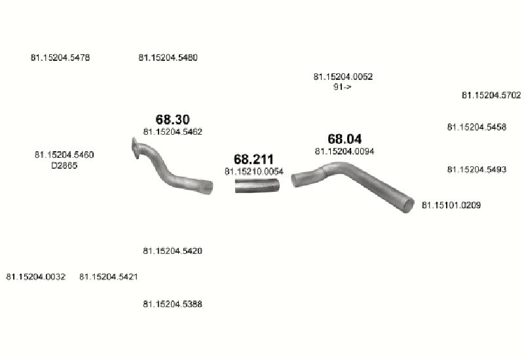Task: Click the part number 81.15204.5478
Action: point(60,58)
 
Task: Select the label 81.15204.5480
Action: point(168,58)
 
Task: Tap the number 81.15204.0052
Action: point(343,77)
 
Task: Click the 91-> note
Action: point(342,87)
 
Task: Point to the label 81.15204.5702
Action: point(491,96)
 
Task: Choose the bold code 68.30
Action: point(173,119)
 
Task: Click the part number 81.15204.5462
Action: point(173,132)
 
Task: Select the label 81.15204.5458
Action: point(477,127)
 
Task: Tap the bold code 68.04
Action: point(345,139)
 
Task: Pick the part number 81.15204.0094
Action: point(345,152)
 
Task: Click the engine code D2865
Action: point(64,166)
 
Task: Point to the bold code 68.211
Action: point(253,159)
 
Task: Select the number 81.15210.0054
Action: point(254,171)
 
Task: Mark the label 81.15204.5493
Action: point(477,170)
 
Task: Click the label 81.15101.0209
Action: point(451,205)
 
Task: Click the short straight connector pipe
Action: point(257,186)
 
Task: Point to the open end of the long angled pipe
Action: point(408,205)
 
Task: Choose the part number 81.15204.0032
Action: point(36,277)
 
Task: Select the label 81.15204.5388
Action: point(173,304)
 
